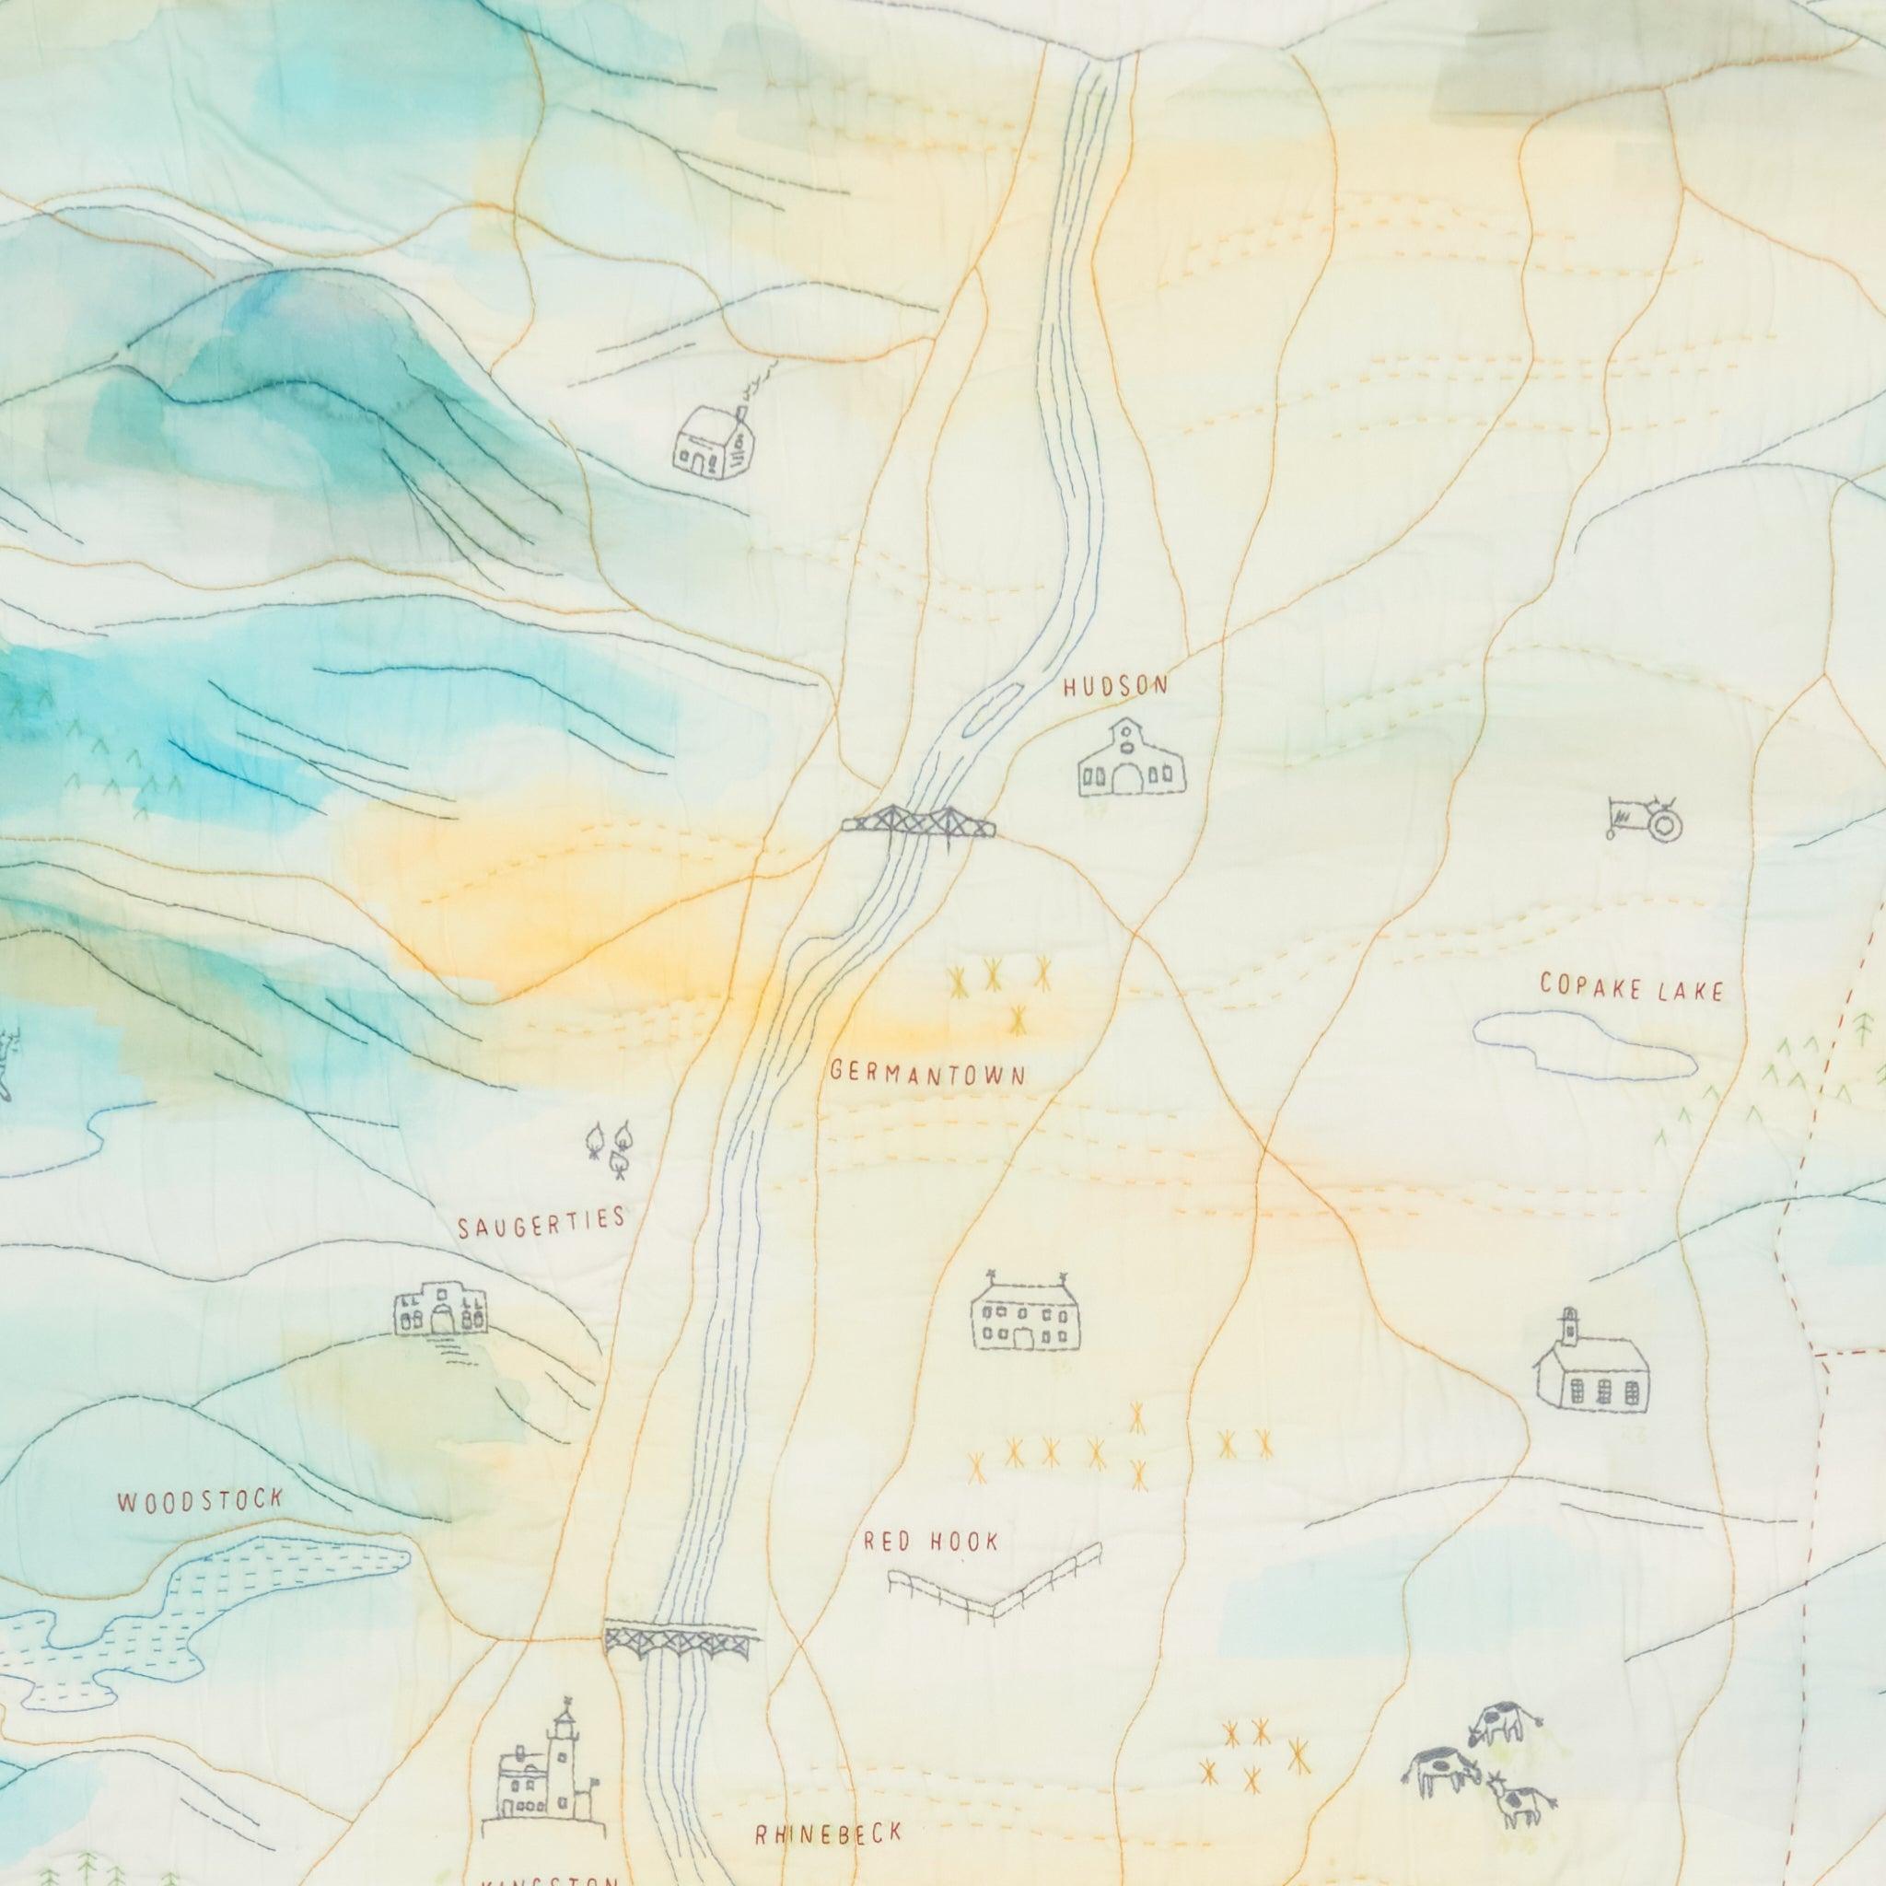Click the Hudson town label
[1115, 686]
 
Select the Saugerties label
[541, 1222]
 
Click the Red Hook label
[931, 1542]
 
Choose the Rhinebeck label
[828, 1834]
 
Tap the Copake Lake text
[1631, 987]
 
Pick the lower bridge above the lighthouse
[681, 1639]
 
